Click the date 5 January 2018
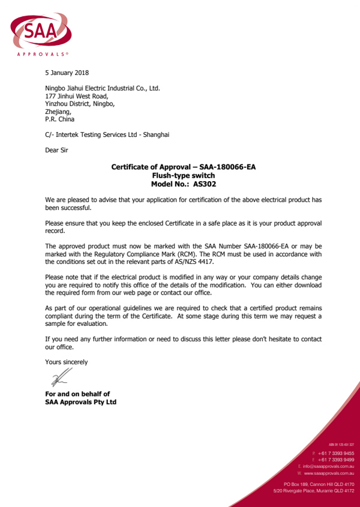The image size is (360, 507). coord(67,73)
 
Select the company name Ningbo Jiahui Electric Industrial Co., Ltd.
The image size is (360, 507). coord(103,88)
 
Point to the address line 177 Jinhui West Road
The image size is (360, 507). coord(77,96)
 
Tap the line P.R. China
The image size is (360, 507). coord(60,119)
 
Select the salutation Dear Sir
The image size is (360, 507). coord(56,151)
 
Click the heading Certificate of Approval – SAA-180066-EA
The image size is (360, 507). coord(184,167)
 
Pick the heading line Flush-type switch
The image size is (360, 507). coord(184,176)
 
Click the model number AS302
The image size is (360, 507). coord(205,184)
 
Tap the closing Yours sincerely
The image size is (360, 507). coord(67,362)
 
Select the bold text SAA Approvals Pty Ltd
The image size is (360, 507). coord(80,402)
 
